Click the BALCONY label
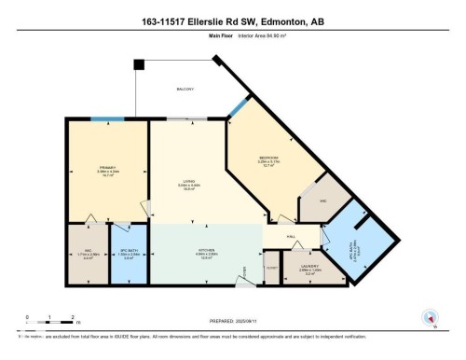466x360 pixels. click(185, 89)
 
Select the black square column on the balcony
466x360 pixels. click(139, 65)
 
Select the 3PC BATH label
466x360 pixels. click(130, 253)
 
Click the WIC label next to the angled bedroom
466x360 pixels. click(323, 201)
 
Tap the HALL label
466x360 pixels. click(291, 238)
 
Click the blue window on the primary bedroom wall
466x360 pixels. click(109, 118)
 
